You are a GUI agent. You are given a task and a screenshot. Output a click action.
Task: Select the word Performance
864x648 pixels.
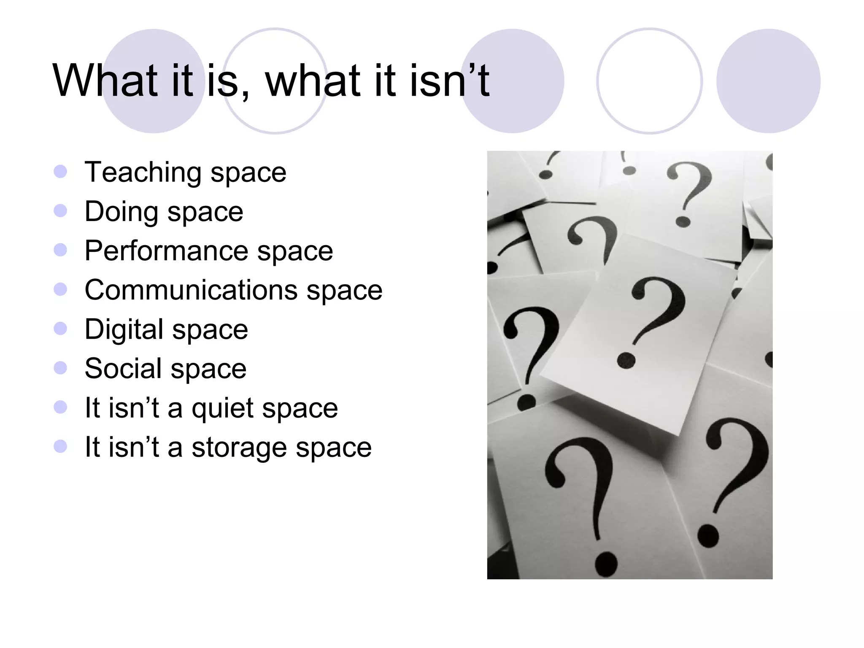[166, 251]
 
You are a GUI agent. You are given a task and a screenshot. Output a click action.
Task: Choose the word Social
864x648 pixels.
[123, 368]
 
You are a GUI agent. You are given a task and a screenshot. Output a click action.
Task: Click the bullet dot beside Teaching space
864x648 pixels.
[61, 171]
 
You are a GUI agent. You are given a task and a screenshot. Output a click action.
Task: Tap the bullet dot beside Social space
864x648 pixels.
[61, 368]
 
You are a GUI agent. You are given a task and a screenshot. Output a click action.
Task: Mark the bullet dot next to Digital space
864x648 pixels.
[61, 329]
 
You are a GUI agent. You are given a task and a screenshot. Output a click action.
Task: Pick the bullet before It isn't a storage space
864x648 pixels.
[61, 446]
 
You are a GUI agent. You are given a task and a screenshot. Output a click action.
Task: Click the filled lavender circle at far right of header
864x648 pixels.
[768, 81]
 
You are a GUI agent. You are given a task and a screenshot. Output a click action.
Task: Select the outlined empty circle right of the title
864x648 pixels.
[649, 81]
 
